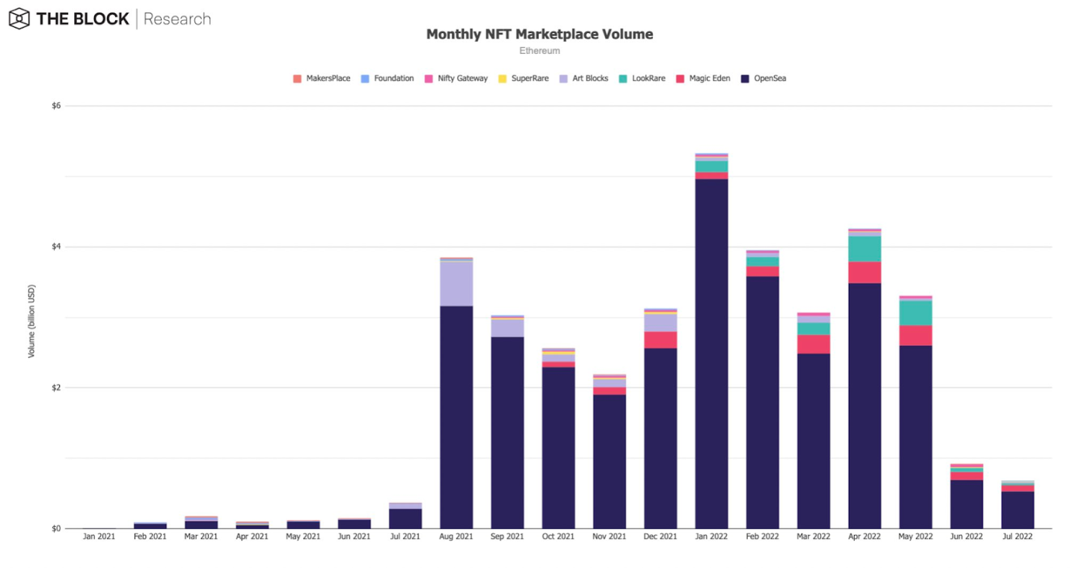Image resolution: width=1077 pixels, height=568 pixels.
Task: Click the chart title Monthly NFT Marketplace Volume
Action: pyautogui.click(x=539, y=34)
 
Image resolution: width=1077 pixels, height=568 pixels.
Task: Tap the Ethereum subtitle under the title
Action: pyautogui.click(x=539, y=51)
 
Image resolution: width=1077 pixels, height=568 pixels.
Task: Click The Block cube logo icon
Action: pyautogui.click(x=19, y=19)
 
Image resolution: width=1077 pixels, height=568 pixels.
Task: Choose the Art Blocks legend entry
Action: pyautogui.click(x=584, y=78)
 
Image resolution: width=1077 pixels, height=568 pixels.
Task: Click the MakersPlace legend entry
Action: pyautogui.click(x=322, y=78)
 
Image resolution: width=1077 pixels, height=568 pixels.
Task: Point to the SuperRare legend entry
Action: pyautogui.click(x=524, y=78)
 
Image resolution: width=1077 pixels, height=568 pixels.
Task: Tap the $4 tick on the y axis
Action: pyautogui.click(x=56, y=247)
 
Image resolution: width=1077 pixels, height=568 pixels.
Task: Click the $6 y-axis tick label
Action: pyautogui.click(x=56, y=106)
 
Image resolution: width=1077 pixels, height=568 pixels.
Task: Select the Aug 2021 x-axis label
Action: pyautogui.click(x=456, y=537)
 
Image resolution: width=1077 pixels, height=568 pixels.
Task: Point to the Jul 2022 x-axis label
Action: pyautogui.click(x=1016, y=537)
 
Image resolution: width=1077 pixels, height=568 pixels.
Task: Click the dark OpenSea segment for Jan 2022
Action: pyautogui.click(x=711, y=351)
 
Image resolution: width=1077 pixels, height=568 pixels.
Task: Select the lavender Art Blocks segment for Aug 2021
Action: pyautogui.click(x=456, y=284)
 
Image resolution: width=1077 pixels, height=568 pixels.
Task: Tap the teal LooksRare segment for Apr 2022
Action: pyautogui.click(x=864, y=249)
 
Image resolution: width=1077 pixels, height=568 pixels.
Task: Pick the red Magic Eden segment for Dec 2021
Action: pyautogui.click(x=660, y=340)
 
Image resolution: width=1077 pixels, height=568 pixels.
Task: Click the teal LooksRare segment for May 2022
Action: pyautogui.click(x=915, y=312)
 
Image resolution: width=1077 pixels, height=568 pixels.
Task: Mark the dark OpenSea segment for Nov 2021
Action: pyautogui.click(x=610, y=460)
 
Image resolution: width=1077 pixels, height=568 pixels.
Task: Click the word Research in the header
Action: pyautogui.click(x=177, y=19)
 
